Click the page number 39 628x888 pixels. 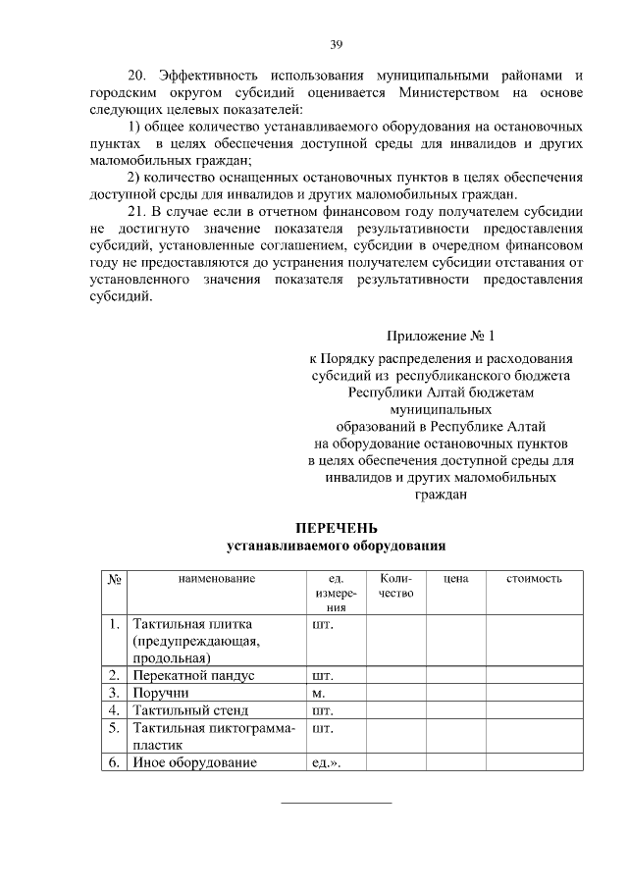pos(336,44)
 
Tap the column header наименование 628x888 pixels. pos(216,579)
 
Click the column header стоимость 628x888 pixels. pos(534,579)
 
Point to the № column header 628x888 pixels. pos(114,579)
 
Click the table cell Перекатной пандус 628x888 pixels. pos(194,675)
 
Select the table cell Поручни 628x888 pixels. pos(163,693)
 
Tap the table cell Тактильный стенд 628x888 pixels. pos(191,709)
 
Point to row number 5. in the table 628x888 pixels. pos(115,727)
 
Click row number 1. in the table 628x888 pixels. pos(115,623)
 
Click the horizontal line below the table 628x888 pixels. pos(337,803)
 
